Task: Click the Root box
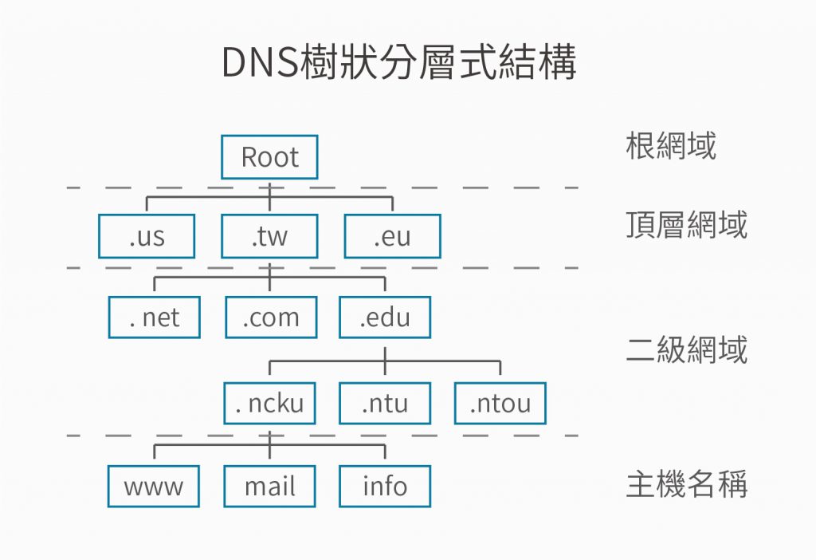[269, 157]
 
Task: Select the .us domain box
[147, 236]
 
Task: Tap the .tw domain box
[269, 236]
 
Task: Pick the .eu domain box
[392, 236]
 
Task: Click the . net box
[155, 317]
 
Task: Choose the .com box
[271, 317]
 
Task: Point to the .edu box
[385, 317]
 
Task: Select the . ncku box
[270, 403]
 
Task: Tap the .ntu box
[385, 403]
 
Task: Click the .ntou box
[500, 403]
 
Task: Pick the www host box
[154, 486]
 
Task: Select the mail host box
[269, 486]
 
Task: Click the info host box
[385, 486]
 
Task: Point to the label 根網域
[670, 146]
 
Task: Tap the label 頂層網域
[686, 226]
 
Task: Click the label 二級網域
[686, 349]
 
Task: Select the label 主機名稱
[686, 485]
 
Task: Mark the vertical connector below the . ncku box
[270, 436]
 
